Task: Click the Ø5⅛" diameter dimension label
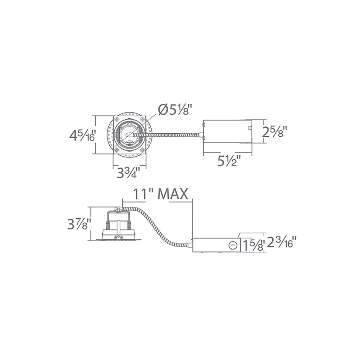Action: tap(175, 110)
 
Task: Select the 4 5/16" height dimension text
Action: tap(82, 135)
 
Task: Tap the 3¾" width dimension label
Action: tap(129, 172)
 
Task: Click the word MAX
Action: tap(173, 194)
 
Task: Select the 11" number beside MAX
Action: tap(142, 194)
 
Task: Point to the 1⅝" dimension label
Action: tap(253, 245)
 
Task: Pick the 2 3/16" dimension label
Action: tap(280, 242)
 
